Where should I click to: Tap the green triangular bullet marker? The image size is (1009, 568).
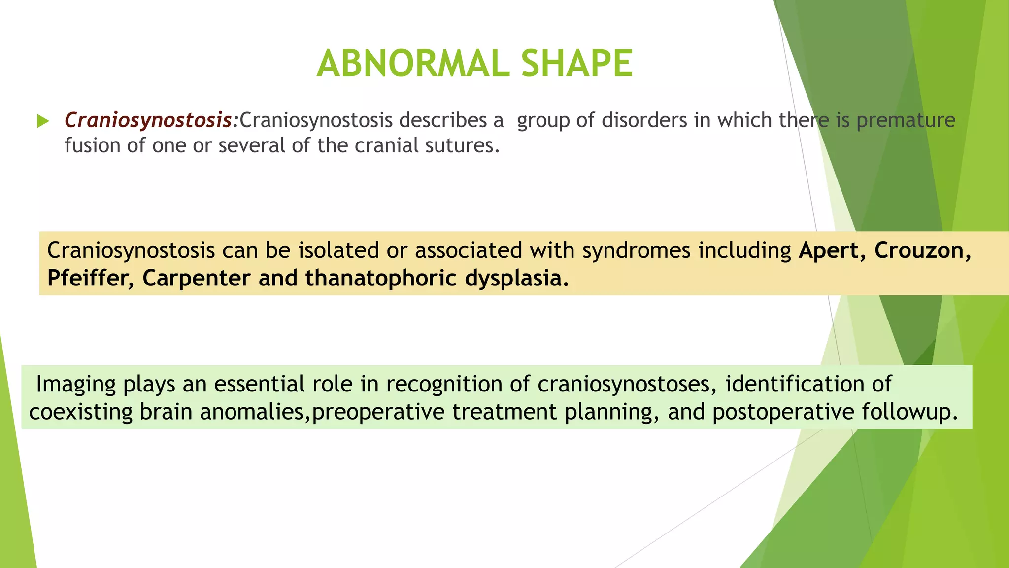point(43,121)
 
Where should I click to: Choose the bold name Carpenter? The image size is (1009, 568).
point(196,279)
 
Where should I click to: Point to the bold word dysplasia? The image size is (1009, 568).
point(516,279)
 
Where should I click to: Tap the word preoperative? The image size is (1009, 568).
point(378,412)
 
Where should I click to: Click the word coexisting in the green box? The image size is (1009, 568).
point(80,412)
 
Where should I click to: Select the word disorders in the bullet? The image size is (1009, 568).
point(644,120)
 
